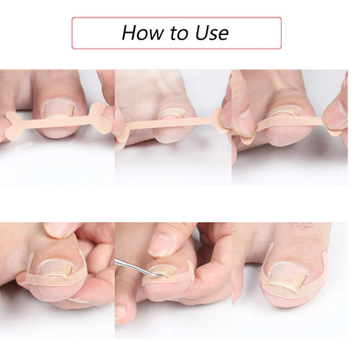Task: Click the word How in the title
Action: [x=143, y=33]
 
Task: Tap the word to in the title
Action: [x=180, y=33]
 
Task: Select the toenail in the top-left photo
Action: [x=59, y=111]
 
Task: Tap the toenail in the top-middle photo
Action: [x=172, y=114]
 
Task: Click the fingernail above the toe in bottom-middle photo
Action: [x=157, y=244]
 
